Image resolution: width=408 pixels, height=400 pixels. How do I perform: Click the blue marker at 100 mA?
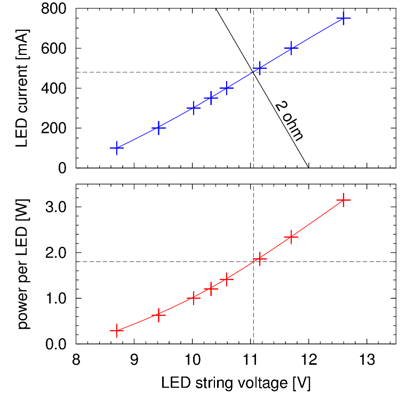click(x=116, y=148)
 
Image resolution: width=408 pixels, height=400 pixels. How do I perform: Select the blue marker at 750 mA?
click(x=344, y=18)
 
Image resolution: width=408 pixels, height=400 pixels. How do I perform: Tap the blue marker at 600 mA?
click(x=291, y=48)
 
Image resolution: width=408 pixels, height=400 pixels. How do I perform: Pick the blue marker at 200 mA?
click(x=158, y=128)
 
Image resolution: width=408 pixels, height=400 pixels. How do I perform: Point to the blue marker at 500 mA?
click(x=260, y=68)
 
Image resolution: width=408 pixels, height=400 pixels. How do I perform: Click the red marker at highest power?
click(x=344, y=200)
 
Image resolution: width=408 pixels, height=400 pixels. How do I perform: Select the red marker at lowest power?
click(x=116, y=331)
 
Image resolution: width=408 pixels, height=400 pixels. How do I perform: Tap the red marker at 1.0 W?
click(x=193, y=298)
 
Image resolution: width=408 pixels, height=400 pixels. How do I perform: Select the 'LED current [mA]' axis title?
click(x=21, y=88)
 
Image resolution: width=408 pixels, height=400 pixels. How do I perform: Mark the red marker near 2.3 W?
click(x=291, y=237)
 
